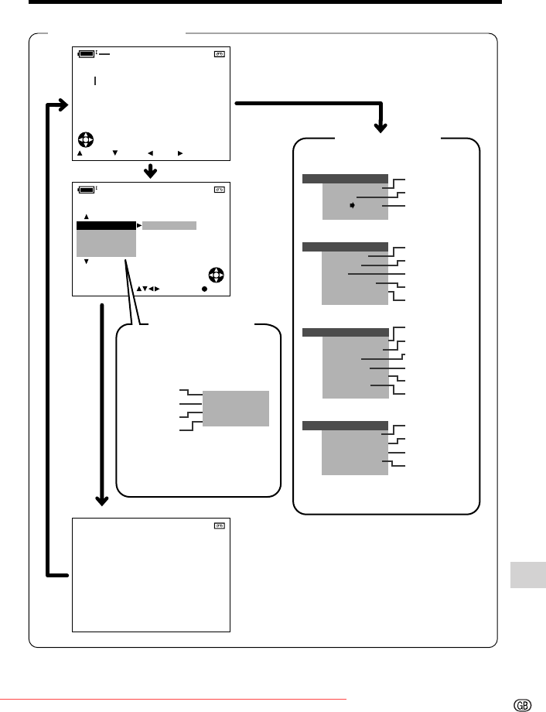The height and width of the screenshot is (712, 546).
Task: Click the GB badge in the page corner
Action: click(x=522, y=705)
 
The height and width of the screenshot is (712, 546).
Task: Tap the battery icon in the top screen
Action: click(x=87, y=54)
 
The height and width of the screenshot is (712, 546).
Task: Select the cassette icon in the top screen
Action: click(x=219, y=54)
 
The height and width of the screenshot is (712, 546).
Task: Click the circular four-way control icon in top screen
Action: click(x=86, y=139)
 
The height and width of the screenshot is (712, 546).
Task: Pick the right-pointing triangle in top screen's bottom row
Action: click(x=180, y=153)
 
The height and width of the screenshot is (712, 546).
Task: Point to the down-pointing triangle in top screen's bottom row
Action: click(x=115, y=153)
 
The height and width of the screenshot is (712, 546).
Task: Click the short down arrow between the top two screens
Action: click(x=150, y=171)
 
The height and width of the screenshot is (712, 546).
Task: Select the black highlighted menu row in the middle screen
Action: click(x=106, y=226)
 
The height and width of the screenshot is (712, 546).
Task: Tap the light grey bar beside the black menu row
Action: click(x=169, y=226)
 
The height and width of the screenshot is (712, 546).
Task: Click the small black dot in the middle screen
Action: click(x=205, y=289)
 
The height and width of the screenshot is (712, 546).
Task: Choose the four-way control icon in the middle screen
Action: click(x=217, y=276)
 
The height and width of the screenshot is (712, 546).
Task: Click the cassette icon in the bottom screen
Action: click(x=219, y=525)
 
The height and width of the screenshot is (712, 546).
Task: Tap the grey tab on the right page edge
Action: click(x=528, y=575)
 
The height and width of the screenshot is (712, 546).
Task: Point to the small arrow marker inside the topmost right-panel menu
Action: click(x=352, y=206)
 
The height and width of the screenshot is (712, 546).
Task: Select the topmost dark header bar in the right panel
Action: click(x=345, y=179)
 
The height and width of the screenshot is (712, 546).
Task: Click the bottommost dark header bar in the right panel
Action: click(x=345, y=426)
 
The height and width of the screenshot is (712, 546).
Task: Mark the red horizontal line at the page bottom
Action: click(x=173, y=700)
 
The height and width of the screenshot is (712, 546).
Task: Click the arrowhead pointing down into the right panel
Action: click(x=380, y=128)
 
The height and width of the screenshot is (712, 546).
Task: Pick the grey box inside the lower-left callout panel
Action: click(x=236, y=409)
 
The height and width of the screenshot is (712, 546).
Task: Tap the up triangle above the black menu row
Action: click(x=87, y=217)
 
